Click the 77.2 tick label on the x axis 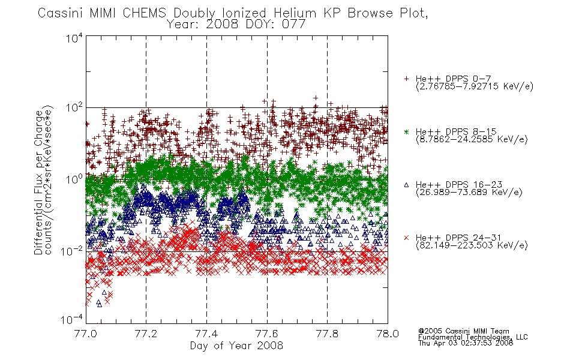click(146, 334)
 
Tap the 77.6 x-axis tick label click(267, 334)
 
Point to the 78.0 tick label click(388, 334)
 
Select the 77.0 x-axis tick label click(85, 334)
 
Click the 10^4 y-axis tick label click(74, 38)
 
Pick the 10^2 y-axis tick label click(74, 108)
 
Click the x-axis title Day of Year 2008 click(236, 346)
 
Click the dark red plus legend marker click(406, 79)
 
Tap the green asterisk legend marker click(406, 131)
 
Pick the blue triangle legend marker click(406, 185)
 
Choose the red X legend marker click(406, 238)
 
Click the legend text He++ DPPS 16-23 click(459, 185)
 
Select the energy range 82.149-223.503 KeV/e click(472, 245)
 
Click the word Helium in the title click(295, 13)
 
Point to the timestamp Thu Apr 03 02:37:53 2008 click(466, 343)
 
